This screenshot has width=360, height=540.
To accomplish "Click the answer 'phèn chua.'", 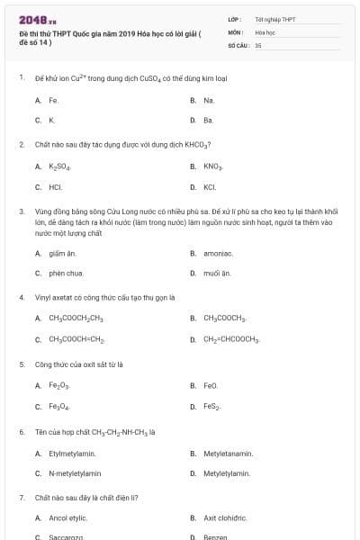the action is [67, 273].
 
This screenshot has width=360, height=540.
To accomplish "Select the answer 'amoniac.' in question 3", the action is [218, 253].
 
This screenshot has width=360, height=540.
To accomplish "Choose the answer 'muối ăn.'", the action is [217, 273].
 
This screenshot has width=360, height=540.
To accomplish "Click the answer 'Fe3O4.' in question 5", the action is [59, 407].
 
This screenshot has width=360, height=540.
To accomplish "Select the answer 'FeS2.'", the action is [211, 407].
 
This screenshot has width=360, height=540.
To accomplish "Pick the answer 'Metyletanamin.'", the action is [228, 454].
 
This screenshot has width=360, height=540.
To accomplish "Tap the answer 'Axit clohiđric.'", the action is [225, 518].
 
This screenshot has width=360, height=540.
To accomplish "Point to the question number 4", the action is [21, 297].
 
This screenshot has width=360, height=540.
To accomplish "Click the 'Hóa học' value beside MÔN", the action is [265, 31].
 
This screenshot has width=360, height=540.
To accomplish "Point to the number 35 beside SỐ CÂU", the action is [258, 44].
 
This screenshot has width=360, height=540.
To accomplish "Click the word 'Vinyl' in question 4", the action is [43, 297].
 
